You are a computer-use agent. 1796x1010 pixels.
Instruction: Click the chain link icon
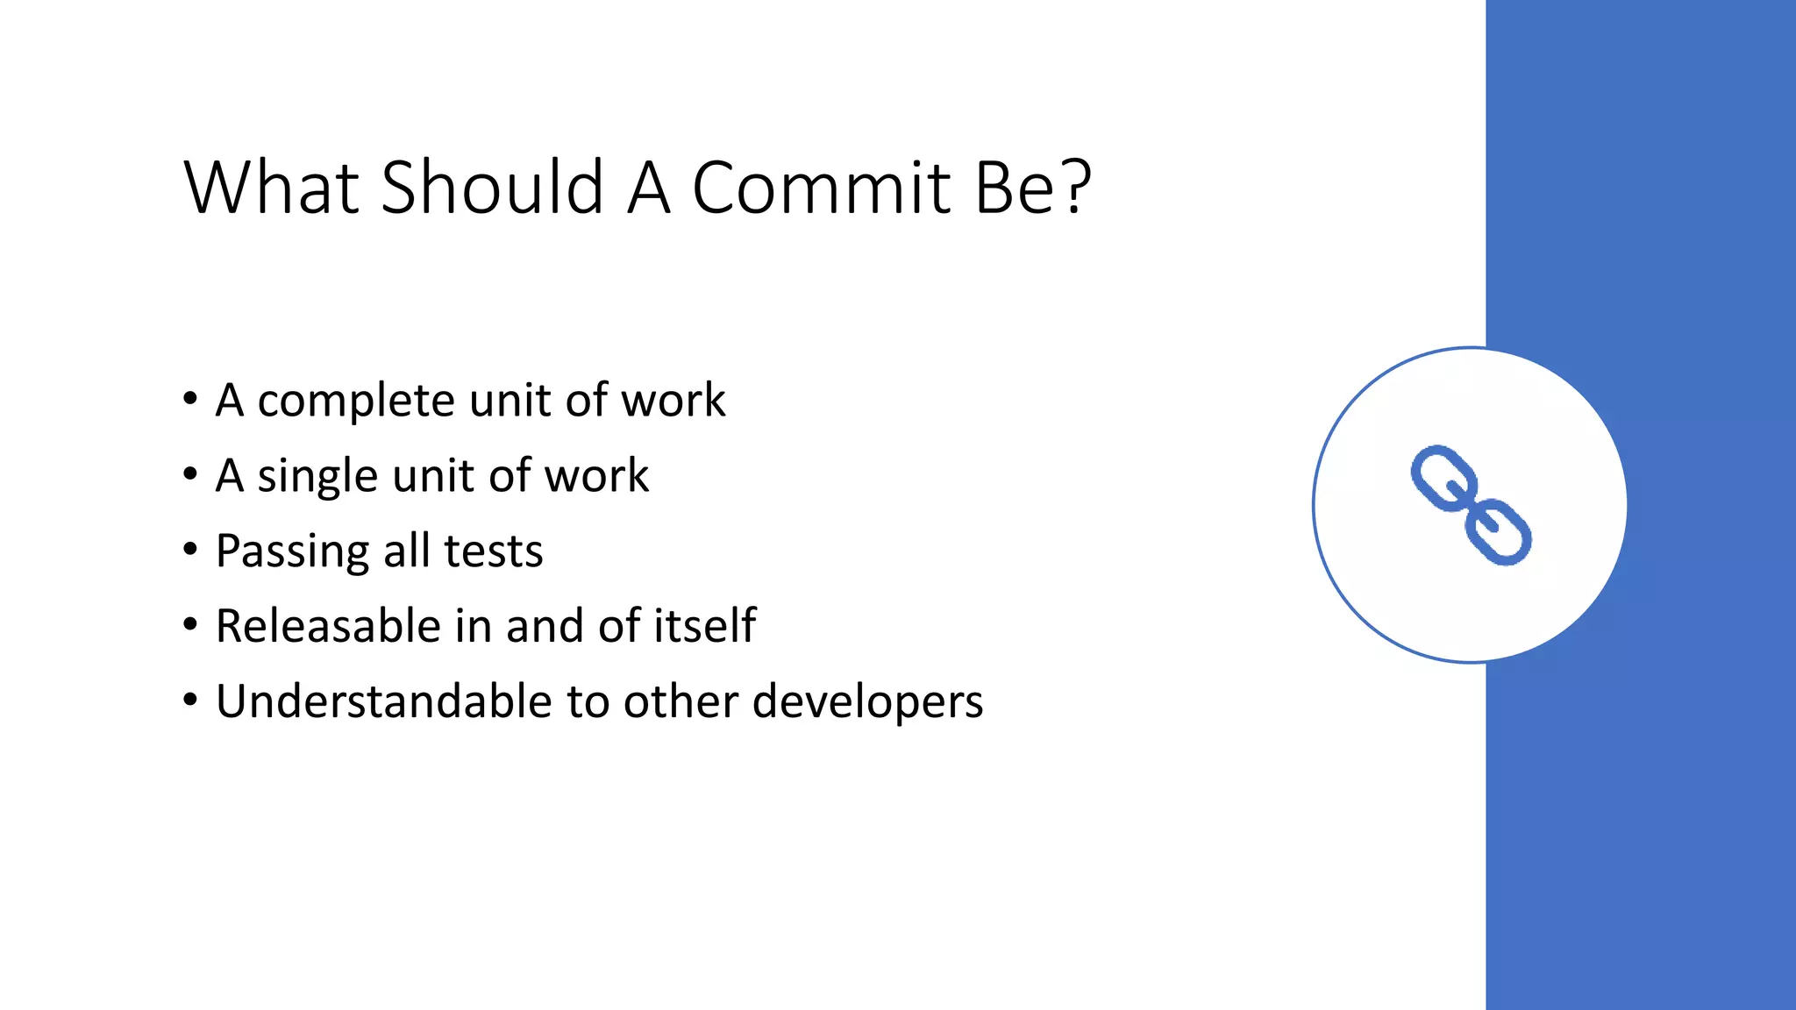coord(1471,505)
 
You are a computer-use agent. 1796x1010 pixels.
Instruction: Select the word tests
coord(494,552)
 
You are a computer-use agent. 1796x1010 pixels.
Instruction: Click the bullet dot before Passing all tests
coord(190,551)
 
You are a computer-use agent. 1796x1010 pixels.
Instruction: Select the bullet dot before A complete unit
coord(190,400)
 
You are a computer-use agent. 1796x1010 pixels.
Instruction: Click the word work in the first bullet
coord(673,401)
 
